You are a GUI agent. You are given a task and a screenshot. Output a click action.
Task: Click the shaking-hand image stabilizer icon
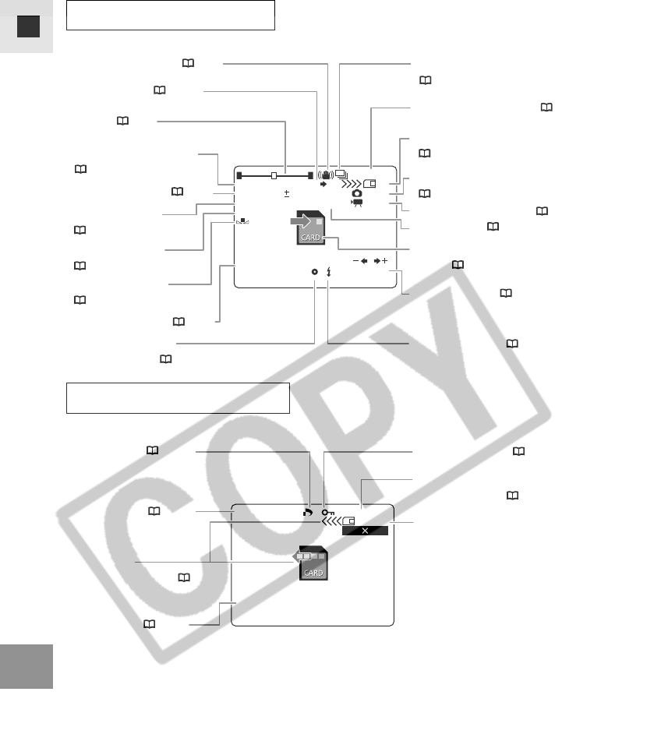(328, 176)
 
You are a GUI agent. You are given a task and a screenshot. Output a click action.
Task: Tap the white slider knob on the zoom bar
(274, 175)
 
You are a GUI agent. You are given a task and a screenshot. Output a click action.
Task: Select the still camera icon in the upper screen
(356, 192)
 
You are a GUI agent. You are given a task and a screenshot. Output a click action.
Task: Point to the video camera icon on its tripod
(357, 203)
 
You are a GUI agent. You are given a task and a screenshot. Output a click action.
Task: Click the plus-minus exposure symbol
(286, 192)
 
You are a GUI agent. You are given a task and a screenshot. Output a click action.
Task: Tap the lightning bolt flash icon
(329, 272)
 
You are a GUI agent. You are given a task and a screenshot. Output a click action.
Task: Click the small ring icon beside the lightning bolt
(314, 272)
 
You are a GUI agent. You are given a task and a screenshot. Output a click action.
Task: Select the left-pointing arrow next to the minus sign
(363, 260)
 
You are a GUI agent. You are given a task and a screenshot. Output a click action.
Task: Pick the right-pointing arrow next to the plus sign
(377, 260)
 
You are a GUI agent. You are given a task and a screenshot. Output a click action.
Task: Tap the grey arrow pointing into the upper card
(297, 224)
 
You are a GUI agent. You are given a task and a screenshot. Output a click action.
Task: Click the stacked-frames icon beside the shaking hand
(341, 176)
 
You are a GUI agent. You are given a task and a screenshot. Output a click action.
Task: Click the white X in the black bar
(364, 530)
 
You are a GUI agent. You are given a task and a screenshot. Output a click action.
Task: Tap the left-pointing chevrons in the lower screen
(333, 521)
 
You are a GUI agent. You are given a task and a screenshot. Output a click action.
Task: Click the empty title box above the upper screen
(171, 16)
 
